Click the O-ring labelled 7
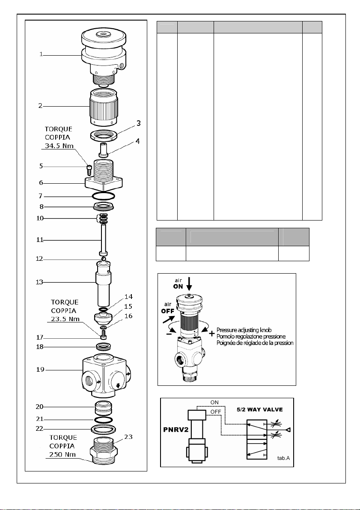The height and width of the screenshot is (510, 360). point(103,197)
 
